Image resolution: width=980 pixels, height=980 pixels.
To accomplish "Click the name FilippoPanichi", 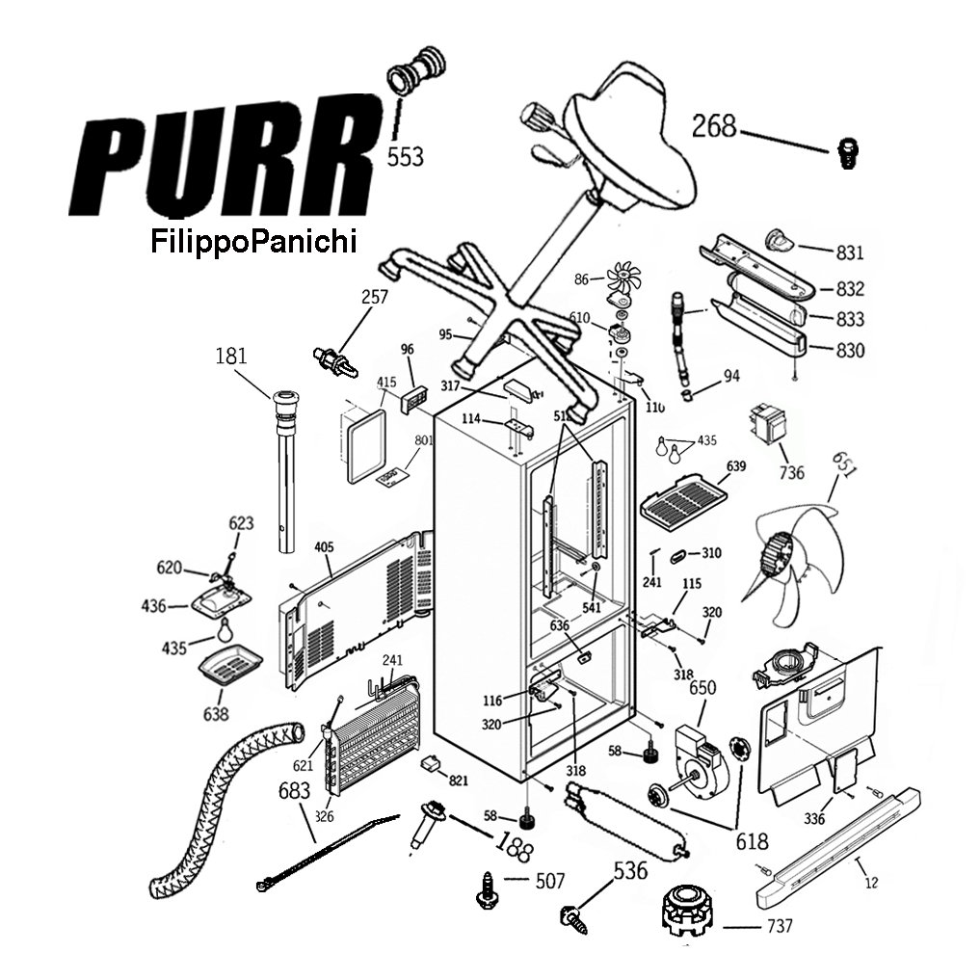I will point(253,241).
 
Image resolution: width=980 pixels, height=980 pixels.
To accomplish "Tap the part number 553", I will point(405,156).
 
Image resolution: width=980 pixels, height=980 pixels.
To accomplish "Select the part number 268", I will point(714,125).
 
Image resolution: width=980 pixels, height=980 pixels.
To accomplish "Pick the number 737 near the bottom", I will point(780,927).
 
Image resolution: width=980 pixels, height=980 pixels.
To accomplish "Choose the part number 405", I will point(324,547).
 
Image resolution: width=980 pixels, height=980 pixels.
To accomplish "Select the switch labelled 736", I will point(769,426).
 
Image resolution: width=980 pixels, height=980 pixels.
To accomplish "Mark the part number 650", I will point(703,689).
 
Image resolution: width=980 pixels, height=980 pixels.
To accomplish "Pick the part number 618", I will point(752,841).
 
